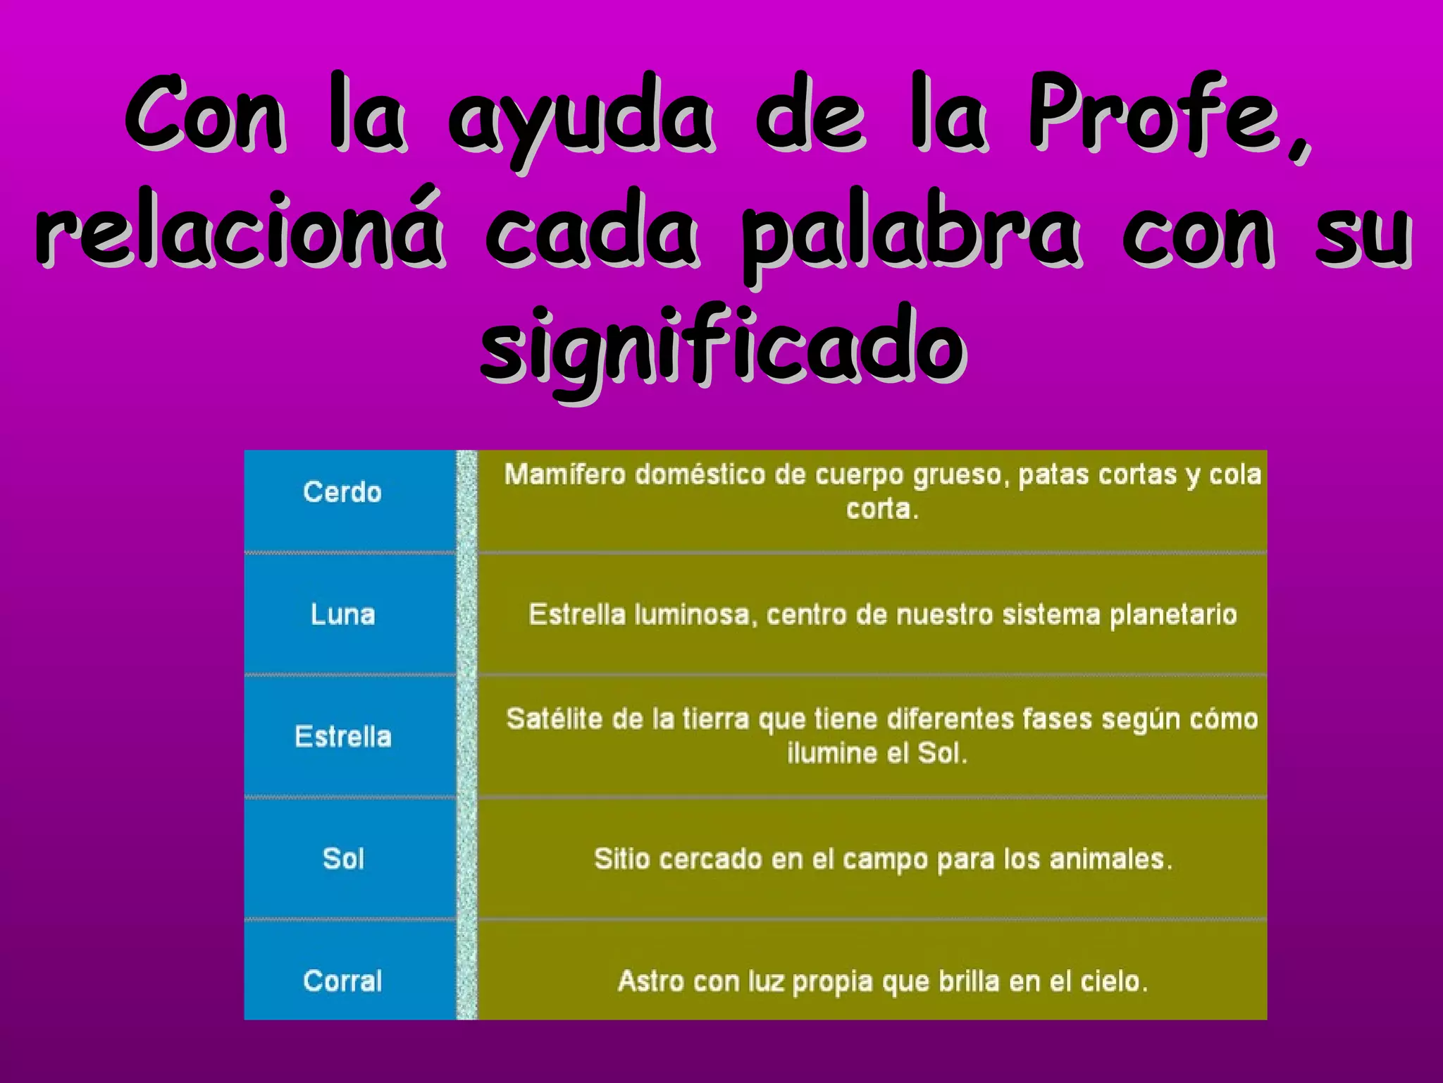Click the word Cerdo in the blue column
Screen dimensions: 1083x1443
click(342, 492)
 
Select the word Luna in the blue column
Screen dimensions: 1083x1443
click(343, 614)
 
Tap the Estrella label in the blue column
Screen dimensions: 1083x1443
click(343, 737)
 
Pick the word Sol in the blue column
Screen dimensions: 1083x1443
click(343, 859)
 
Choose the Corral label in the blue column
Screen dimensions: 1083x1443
click(343, 981)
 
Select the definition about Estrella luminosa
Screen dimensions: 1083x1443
click(882, 614)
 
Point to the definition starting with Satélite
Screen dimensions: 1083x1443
click(882, 736)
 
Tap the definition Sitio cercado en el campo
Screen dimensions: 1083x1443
click(882, 859)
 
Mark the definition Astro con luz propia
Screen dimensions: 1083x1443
click(882, 981)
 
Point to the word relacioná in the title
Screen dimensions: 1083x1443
click(240, 229)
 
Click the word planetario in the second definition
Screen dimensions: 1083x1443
click(1173, 615)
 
